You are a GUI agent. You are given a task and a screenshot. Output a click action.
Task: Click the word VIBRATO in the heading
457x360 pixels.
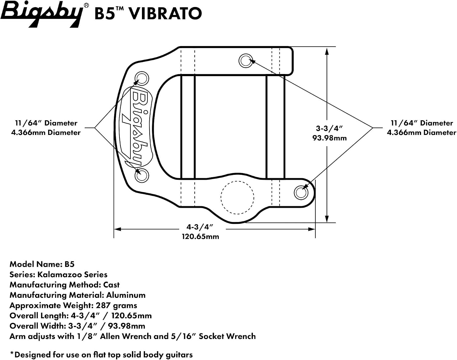click(165, 13)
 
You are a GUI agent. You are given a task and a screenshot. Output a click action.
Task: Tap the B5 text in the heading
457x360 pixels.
click(105, 14)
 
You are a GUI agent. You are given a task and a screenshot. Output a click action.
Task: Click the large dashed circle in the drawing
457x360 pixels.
click(237, 181)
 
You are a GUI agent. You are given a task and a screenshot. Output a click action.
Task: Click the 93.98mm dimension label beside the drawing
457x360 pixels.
click(329, 138)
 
